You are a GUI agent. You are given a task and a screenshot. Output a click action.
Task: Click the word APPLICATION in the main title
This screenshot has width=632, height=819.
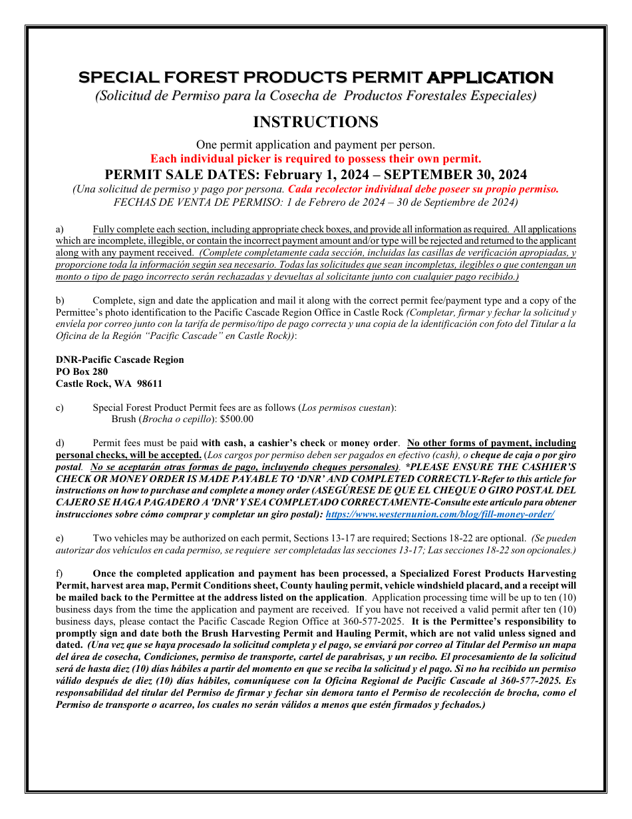(x=490, y=78)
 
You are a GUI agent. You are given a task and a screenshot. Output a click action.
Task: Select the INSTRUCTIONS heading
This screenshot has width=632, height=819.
(x=315, y=122)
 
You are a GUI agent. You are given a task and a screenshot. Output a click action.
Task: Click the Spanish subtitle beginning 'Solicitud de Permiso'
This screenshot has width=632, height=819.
(x=315, y=96)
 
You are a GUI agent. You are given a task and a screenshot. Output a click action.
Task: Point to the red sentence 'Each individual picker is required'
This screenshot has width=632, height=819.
(x=315, y=158)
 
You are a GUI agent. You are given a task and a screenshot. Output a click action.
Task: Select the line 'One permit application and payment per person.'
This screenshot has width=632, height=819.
(x=315, y=144)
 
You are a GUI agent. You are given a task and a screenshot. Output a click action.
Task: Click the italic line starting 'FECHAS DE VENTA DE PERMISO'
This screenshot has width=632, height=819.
(x=315, y=202)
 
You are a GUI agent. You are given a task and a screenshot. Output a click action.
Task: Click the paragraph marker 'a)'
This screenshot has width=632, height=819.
(x=60, y=229)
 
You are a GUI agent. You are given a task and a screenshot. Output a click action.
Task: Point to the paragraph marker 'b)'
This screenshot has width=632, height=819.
(x=60, y=301)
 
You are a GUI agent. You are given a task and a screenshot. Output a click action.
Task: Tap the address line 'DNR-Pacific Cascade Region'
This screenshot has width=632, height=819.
(x=120, y=360)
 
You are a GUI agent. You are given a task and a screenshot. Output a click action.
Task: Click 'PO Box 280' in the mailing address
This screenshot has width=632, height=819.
(x=82, y=372)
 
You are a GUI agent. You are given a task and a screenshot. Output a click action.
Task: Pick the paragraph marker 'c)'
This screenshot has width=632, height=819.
(x=60, y=408)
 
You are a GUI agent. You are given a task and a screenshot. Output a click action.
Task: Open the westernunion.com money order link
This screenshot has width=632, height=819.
(x=440, y=515)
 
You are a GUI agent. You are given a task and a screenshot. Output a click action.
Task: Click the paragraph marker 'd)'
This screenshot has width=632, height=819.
(x=60, y=443)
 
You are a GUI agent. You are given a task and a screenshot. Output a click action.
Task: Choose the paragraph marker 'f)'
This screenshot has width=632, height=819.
(x=59, y=573)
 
